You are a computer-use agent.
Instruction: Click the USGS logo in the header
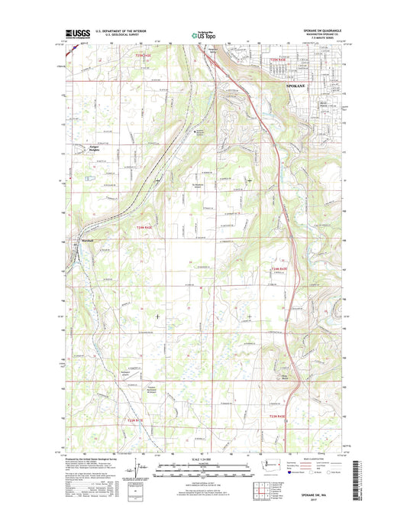[76, 33]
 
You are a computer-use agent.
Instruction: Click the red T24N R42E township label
[145, 228]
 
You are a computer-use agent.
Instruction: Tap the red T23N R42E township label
[133, 420]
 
